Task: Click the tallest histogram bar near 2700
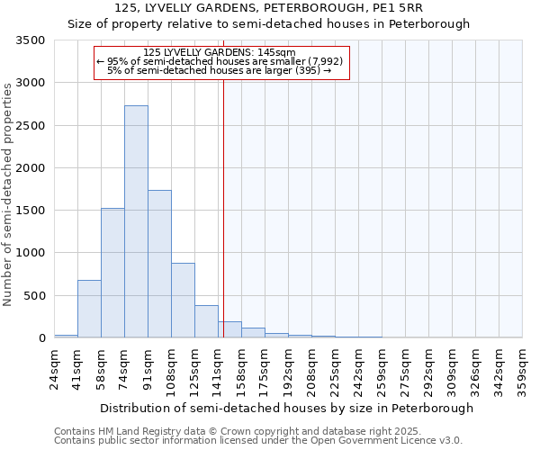tap(136, 221)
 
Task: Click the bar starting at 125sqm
tap(206, 321)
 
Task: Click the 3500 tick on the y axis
tap(31, 40)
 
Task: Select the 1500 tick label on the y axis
tap(31, 211)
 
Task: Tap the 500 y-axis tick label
tap(34, 295)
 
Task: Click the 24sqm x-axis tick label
tap(54, 367)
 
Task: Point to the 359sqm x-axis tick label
tap(523, 367)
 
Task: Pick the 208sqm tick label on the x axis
tap(312, 367)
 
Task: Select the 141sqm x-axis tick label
tap(219, 367)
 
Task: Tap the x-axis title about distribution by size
tap(286, 409)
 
